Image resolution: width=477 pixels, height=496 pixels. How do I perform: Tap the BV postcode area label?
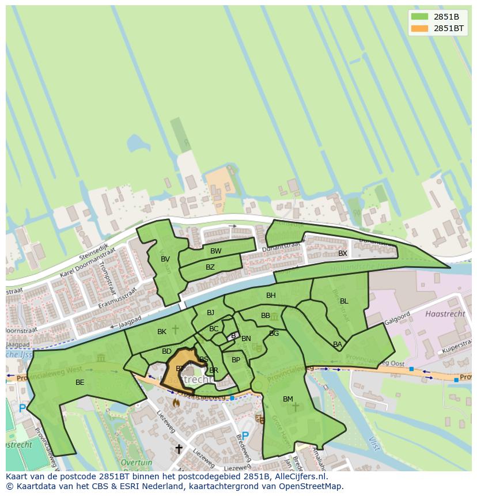click(165, 259)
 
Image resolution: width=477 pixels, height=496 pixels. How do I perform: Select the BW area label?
click(215, 251)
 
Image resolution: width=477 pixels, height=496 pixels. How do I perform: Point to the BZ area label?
click(210, 267)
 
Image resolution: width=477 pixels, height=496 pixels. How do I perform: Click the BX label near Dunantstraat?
click(343, 253)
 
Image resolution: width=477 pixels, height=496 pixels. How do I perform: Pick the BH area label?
click(271, 296)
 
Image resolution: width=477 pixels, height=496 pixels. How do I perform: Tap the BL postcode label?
click(344, 301)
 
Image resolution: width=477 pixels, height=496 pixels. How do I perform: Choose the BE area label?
click(79, 383)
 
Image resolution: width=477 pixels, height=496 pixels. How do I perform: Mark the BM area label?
click(288, 399)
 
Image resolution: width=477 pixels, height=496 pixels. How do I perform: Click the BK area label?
click(162, 332)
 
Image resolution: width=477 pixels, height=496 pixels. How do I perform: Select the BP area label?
click(236, 360)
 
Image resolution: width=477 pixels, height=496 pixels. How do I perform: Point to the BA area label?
click(338, 344)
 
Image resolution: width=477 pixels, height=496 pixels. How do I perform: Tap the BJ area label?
click(210, 313)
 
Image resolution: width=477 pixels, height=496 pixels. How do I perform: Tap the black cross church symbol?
click(179, 448)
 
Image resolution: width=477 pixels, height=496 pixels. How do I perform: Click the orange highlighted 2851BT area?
click(176, 377)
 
